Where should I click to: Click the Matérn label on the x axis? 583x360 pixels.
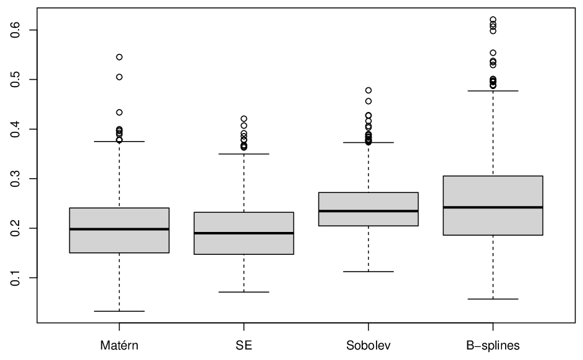(x=119, y=346)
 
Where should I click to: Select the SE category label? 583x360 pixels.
(x=244, y=346)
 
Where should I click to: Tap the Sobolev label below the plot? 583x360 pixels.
(x=368, y=346)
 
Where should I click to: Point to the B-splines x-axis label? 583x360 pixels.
(x=493, y=346)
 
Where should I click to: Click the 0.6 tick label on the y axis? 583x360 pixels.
(x=15, y=30)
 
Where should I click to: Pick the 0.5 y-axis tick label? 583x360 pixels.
(x=15, y=80)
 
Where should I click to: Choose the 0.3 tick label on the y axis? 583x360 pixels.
(x=15, y=179)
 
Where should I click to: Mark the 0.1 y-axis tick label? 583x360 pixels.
(x=15, y=278)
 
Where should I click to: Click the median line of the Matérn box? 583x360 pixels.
(x=119, y=229)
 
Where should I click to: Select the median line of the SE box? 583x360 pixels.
(x=244, y=233)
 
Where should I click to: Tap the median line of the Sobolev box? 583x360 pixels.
(x=368, y=211)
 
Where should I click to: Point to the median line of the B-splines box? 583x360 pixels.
(x=493, y=207)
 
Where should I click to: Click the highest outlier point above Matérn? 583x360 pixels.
(x=119, y=57)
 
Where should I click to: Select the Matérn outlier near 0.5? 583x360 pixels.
(x=119, y=77)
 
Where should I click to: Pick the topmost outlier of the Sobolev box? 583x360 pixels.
(x=368, y=90)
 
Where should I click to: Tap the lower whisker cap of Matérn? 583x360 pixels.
(x=119, y=311)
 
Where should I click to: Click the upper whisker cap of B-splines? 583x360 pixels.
(x=493, y=91)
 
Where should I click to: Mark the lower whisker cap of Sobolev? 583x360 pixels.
(x=368, y=272)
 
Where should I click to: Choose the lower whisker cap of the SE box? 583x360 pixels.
(x=244, y=292)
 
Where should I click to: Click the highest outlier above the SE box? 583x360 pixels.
(x=244, y=119)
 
